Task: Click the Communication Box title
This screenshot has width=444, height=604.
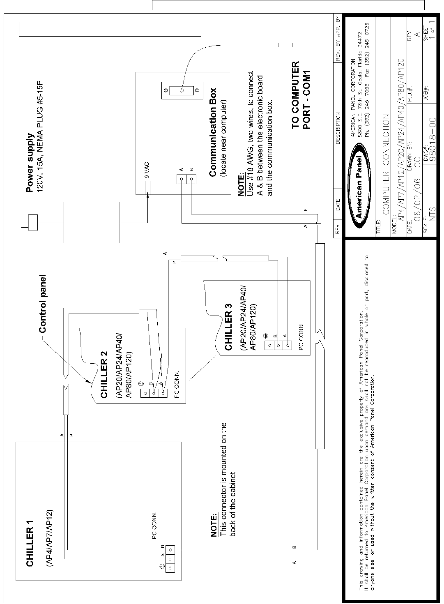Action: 213,132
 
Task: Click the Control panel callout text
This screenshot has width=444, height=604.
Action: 42,304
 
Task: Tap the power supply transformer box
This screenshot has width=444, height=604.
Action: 92,222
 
